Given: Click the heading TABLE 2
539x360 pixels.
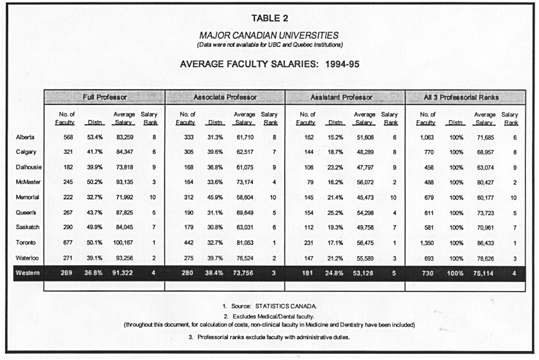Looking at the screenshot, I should coord(269,17).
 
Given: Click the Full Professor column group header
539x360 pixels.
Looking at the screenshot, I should coord(104,97).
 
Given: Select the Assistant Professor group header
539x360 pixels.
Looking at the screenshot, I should coord(345,97).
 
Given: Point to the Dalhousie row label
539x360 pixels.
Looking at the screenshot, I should coord(29,168).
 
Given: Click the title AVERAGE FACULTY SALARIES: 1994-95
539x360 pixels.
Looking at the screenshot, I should coord(269,64).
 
